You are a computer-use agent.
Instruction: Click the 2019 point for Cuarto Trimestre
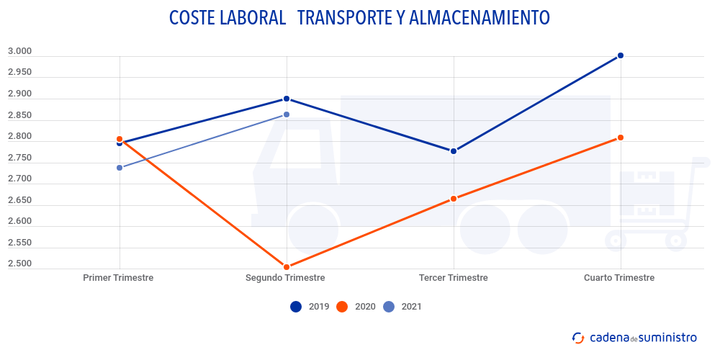[621, 55]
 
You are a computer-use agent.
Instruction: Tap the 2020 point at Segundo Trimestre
[287, 267]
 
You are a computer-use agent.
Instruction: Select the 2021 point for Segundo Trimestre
[287, 114]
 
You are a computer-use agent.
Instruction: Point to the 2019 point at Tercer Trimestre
[454, 151]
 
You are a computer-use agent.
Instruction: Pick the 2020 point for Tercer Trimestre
[454, 199]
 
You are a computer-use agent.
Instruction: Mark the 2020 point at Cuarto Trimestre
[621, 138]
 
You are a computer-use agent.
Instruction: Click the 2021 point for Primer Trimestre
[120, 168]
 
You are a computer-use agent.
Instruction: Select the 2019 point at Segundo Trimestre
[287, 99]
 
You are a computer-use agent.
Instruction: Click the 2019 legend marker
[296, 307]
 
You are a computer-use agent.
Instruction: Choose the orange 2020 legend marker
[342, 307]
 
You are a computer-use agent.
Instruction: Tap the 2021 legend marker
[389, 307]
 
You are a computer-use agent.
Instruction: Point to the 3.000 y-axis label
[19, 51]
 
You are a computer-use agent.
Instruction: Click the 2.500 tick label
[19, 264]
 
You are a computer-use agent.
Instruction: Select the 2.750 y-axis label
[19, 158]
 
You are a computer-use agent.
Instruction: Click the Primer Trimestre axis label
[118, 278]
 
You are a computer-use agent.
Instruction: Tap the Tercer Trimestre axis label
[453, 278]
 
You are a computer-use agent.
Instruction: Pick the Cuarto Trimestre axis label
[619, 278]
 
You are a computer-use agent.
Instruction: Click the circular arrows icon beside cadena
[578, 337]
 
